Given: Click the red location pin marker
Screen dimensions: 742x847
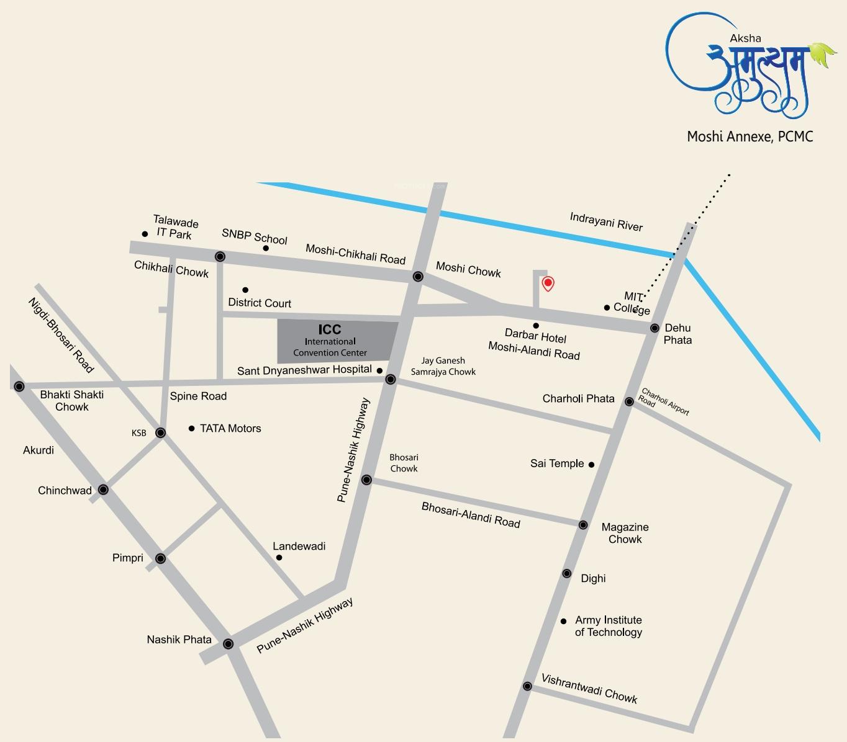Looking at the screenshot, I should (548, 284).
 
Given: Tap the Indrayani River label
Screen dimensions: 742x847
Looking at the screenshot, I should (606, 221).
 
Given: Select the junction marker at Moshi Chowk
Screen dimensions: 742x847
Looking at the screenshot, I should (419, 276).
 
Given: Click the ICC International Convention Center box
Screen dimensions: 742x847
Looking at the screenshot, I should (336, 341).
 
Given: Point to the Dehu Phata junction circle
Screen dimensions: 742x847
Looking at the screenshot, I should (654, 328).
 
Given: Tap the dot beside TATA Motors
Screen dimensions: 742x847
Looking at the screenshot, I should (191, 428).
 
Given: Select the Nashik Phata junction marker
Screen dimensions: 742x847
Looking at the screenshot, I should (228, 643).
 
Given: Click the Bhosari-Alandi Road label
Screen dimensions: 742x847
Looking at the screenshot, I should (471, 514).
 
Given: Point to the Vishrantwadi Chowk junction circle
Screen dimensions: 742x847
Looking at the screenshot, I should (527, 686).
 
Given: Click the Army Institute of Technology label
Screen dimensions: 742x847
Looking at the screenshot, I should (608, 626).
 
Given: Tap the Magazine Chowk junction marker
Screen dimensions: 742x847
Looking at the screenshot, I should (583, 525).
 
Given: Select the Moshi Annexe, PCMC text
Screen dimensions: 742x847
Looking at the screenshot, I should (750, 136).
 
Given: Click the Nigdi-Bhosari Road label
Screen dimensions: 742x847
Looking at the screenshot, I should (61, 335).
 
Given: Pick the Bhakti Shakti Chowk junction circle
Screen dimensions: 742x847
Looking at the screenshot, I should (19, 387).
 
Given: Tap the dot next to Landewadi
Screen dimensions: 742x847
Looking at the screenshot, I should (279, 558).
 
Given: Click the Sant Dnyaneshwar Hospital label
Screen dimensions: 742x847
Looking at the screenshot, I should (304, 371).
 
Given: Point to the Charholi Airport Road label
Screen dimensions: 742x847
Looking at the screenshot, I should (664, 401).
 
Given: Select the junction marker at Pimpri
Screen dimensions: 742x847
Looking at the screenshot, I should (160, 558).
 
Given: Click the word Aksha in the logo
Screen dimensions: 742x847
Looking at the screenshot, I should (745, 38).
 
